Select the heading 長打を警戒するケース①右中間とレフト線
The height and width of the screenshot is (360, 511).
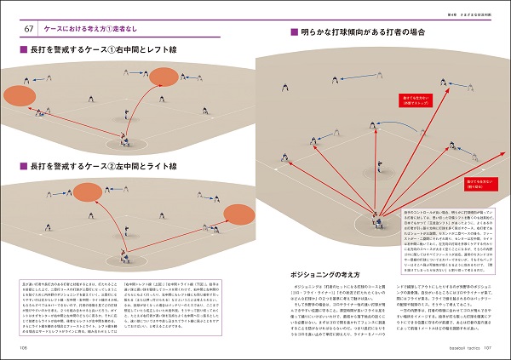click(94, 53)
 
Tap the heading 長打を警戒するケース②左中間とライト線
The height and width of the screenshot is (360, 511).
click(94, 164)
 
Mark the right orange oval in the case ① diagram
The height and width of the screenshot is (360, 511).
click(162, 79)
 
